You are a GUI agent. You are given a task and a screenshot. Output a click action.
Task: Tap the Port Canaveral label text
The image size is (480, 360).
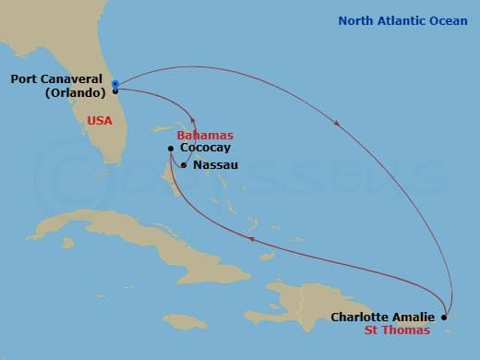pyautogui.click(x=55, y=79)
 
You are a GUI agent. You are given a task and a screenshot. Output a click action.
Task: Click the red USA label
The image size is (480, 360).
pyautogui.click(x=101, y=120)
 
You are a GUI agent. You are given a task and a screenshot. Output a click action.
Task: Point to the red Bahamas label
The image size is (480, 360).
pyautogui.click(x=204, y=135)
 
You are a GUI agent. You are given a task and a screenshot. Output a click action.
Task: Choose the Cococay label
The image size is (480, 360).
pyautogui.click(x=206, y=148)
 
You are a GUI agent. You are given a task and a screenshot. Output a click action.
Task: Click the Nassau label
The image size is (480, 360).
pyautogui.click(x=215, y=165)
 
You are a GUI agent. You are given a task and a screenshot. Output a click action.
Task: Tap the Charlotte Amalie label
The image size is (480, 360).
pyautogui.click(x=382, y=318)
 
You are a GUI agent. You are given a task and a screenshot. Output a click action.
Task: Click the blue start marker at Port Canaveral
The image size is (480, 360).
pyautogui.click(x=115, y=84)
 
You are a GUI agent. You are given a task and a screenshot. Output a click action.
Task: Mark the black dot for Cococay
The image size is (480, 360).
pyautogui.click(x=171, y=148)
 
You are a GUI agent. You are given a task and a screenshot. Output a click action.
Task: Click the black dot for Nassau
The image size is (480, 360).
pyautogui.click(x=184, y=165)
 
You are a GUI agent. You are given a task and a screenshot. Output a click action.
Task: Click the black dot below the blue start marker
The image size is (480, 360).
pyautogui.click(x=115, y=91)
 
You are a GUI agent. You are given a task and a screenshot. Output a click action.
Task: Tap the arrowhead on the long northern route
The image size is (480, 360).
pyautogui.click(x=339, y=123)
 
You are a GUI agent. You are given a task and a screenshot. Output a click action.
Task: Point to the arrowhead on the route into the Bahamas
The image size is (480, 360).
pyautogui.click(x=192, y=118)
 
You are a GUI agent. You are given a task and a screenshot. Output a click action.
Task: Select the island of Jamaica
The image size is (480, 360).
pyautogui.click(x=185, y=320)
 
